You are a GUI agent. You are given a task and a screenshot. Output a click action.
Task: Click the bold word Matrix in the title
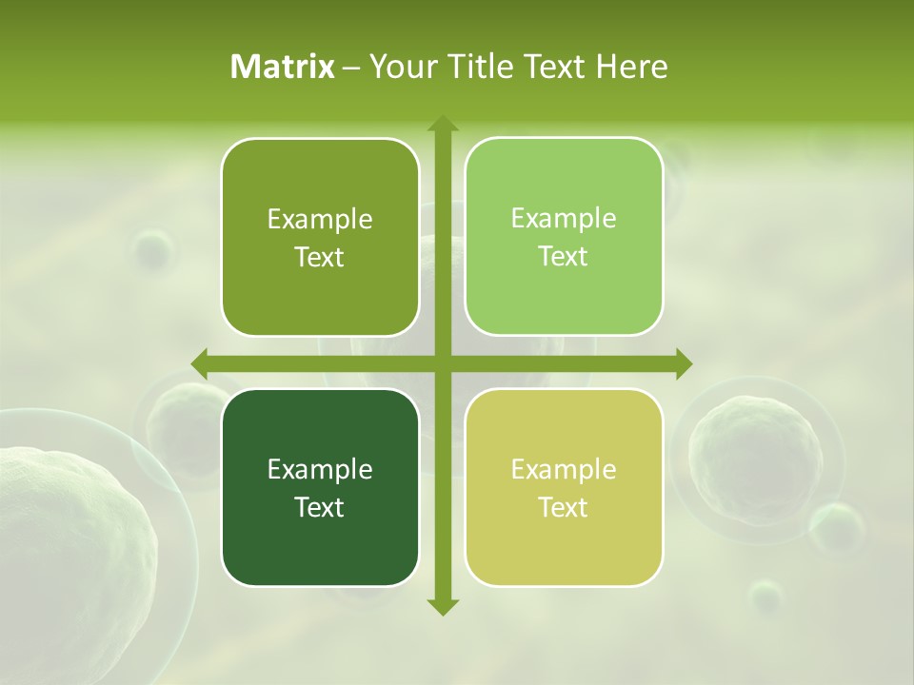click(x=283, y=67)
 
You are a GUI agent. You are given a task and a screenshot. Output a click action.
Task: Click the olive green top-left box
click(x=320, y=237)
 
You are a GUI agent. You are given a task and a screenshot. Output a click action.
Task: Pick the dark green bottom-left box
click(x=320, y=487)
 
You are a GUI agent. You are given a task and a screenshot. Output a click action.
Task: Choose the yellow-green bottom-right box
click(x=564, y=487)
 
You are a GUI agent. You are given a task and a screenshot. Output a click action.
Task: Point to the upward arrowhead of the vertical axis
click(x=442, y=125)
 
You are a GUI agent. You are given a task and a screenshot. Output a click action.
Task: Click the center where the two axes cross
click(x=442, y=363)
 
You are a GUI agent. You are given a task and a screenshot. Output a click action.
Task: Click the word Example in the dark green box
click(x=320, y=469)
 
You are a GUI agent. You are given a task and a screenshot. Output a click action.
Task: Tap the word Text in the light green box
click(x=564, y=257)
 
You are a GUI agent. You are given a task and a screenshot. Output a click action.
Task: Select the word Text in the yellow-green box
click(x=564, y=507)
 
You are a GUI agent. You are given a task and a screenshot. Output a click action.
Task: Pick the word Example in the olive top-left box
click(x=320, y=219)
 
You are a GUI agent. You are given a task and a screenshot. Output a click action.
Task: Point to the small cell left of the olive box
click(x=153, y=249)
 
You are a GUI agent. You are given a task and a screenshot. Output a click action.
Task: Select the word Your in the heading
click(x=400, y=67)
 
